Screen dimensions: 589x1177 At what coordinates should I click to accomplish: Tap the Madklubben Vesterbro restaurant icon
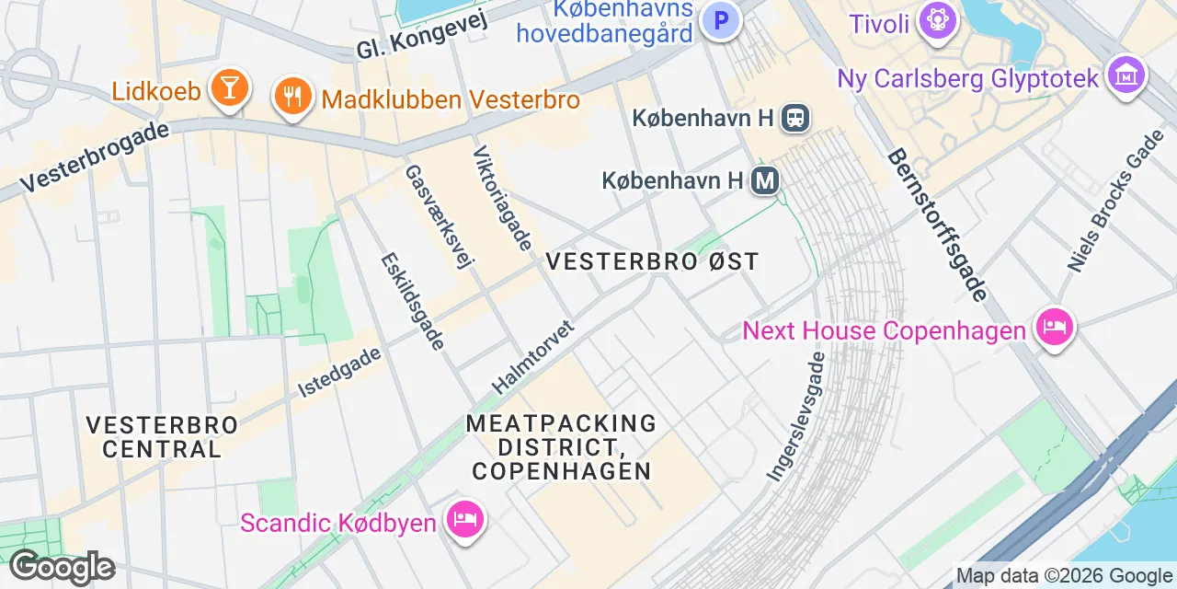click(292, 96)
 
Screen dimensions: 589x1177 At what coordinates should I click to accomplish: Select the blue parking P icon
click(721, 18)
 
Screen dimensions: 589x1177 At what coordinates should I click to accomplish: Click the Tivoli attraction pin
click(936, 20)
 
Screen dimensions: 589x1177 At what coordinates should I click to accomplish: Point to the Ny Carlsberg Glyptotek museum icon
click(1126, 74)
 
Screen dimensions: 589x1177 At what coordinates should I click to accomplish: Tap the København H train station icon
click(795, 118)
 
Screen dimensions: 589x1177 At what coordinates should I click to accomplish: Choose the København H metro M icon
click(764, 180)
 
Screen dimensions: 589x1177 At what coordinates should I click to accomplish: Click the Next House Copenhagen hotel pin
click(1055, 327)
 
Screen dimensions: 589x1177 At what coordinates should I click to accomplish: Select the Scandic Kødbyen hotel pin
click(463, 518)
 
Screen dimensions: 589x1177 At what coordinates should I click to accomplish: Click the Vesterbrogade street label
click(95, 156)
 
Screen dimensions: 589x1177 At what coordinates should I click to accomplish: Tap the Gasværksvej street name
click(439, 216)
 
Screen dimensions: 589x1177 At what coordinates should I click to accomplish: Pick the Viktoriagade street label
click(503, 198)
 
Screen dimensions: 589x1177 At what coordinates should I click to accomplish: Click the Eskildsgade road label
click(413, 301)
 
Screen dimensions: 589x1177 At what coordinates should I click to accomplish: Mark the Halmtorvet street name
click(533, 357)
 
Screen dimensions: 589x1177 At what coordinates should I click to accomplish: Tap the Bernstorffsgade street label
click(937, 225)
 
